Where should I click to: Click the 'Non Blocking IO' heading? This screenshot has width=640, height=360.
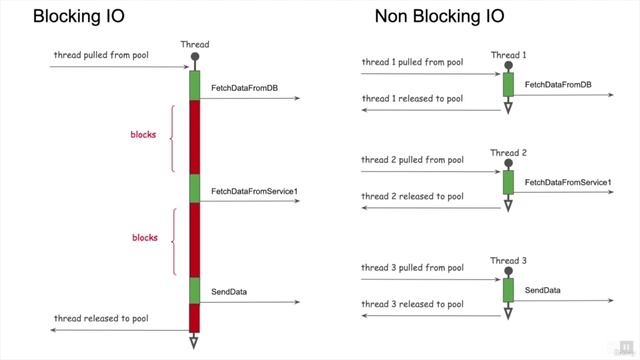(439, 16)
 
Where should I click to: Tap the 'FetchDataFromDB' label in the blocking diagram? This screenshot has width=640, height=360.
(244, 88)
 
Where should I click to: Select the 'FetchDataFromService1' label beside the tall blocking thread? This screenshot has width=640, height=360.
(255, 190)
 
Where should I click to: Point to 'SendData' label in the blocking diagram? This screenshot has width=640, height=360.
(229, 292)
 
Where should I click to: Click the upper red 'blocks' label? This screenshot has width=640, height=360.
(144, 134)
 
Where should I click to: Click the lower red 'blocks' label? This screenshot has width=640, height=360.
(145, 237)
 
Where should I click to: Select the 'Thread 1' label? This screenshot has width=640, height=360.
(508, 55)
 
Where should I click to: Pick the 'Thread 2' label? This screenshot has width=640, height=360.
(508, 153)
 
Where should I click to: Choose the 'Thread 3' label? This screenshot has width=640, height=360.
(508, 261)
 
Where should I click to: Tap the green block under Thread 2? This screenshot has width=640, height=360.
(508, 182)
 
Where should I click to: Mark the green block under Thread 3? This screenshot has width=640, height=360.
(508, 290)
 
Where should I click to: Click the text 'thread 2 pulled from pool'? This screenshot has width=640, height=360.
(412, 160)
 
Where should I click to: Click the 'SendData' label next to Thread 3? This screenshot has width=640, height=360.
(543, 290)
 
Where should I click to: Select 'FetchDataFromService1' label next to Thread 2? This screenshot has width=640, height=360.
(568, 182)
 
